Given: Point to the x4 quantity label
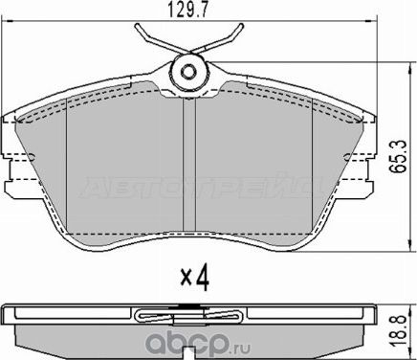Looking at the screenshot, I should pyautogui.click(x=195, y=281).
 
